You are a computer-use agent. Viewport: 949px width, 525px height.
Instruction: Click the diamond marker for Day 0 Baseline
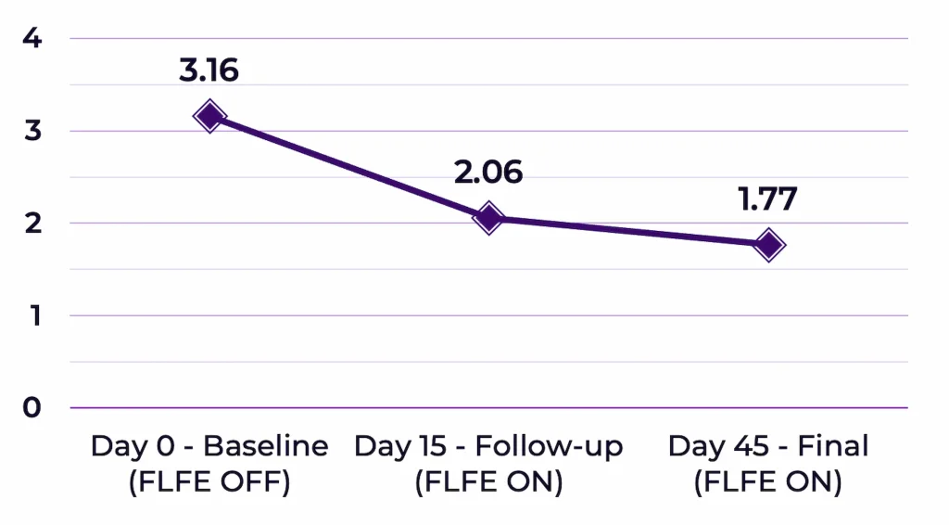(209, 116)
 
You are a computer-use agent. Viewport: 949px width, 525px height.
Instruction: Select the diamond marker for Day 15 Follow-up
(488, 218)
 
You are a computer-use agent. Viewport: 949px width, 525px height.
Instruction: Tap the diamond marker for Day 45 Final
(768, 245)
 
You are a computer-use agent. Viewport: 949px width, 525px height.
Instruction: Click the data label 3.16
(209, 70)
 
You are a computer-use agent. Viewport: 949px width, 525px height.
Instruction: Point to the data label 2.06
(488, 172)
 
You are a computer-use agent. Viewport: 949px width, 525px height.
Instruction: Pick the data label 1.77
(768, 199)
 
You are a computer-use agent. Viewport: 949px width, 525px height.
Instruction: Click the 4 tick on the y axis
(32, 39)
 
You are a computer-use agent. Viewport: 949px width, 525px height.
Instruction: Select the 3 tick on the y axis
(32, 131)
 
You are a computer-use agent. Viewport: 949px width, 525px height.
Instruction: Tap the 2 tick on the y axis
(32, 224)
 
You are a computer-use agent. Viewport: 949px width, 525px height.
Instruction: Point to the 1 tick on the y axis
(32, 315)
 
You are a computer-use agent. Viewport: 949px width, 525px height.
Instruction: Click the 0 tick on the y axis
(32, 407)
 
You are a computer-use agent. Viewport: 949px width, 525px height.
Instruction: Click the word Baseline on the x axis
(266, 446)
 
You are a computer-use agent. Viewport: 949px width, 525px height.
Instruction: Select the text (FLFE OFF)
(209, 483)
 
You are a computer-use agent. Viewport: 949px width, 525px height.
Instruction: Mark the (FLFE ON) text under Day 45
(768, 483)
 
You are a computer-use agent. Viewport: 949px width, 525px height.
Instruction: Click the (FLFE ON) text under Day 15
(488, 483)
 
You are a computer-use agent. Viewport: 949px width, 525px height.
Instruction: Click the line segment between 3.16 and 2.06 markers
(348, 167)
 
